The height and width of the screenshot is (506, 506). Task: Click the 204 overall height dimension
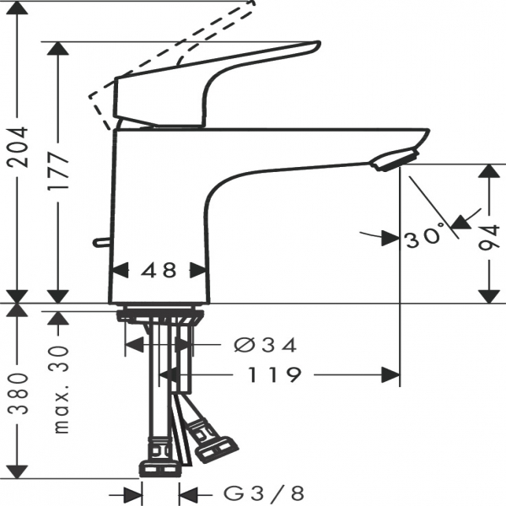(18, 147)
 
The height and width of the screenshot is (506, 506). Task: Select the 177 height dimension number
(58, 171)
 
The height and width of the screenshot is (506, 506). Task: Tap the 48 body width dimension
(159, 270)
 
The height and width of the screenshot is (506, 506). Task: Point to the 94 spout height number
(489, 238)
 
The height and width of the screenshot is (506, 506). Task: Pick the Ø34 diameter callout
(266, 345)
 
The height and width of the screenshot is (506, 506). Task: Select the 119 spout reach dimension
(274, 374)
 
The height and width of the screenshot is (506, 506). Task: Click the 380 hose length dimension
(18, 394)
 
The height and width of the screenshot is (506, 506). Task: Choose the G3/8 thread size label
(264, 493)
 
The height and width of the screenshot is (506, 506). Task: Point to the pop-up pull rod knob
(103, 242)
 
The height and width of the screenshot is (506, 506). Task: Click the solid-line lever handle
(217, 83)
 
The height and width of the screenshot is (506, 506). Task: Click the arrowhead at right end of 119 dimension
(390, 374)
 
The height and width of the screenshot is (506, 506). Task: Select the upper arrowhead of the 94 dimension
(489, 171)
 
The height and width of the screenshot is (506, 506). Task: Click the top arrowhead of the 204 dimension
(18, 8)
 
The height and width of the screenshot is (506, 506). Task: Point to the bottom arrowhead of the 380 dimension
(17, 472)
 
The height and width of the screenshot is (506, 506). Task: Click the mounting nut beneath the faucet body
(160, 316)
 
